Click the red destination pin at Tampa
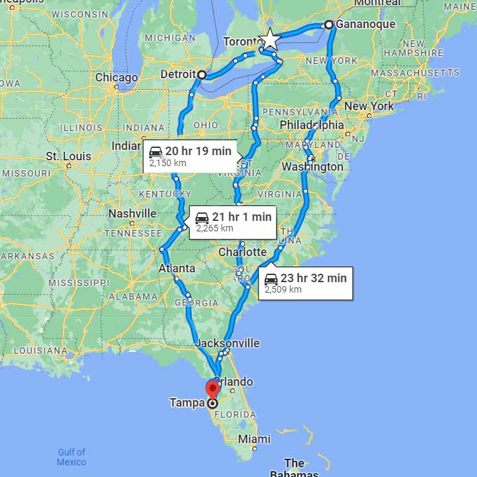coord(212,389)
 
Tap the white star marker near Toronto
coord(269,40)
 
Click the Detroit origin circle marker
coord(202,75)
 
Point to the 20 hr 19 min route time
coord(198,151)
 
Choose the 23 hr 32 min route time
coord(313,278)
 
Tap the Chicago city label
coord(116,78)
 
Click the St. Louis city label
coord(67,156)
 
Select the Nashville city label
coord(132,214)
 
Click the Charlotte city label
coord(242,252)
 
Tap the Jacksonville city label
coord(227,343)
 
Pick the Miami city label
coord(254,439)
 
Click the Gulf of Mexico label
coord(71,457)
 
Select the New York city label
coord(369,106)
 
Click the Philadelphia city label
coord(311,124)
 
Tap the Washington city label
coord(313,167)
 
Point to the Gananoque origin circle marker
coord(329,25)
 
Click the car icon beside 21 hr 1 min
coord(202,218)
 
